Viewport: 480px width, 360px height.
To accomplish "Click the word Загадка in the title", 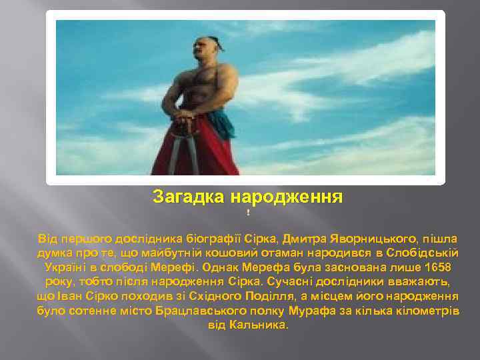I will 189,197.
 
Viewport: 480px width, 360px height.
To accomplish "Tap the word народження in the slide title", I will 287,197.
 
